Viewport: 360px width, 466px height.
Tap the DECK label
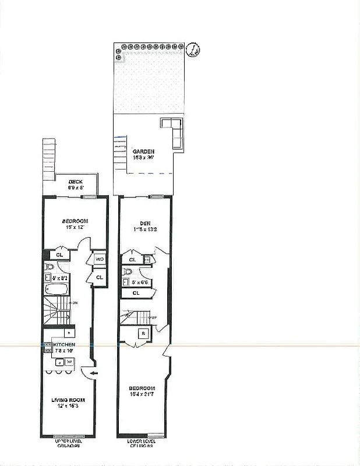point(76,181)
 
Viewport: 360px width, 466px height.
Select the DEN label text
point(145,223)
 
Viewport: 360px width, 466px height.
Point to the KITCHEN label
point(65,345)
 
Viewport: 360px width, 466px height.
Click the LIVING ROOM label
point(68,400)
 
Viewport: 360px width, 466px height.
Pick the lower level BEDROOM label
point(142,389)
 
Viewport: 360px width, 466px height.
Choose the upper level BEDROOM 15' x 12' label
point(75,221)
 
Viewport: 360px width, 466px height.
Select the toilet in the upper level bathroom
point(50,267)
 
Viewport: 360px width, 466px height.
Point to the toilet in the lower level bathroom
point(128,271)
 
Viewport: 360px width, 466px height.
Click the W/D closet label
point(99,259)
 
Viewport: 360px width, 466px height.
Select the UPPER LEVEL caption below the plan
point(68,442)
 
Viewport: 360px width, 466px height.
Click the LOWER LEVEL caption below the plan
point(140,442)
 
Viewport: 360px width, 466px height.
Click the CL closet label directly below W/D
point(99,277)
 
